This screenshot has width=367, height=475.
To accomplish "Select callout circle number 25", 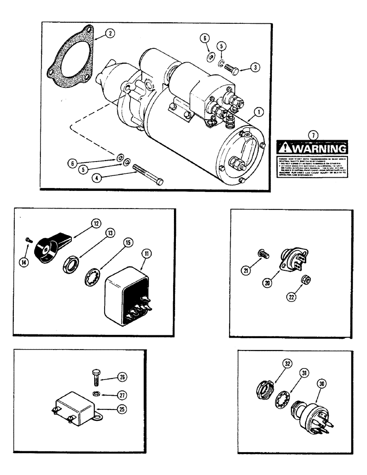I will pyautogui.click(x=127, y=407).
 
